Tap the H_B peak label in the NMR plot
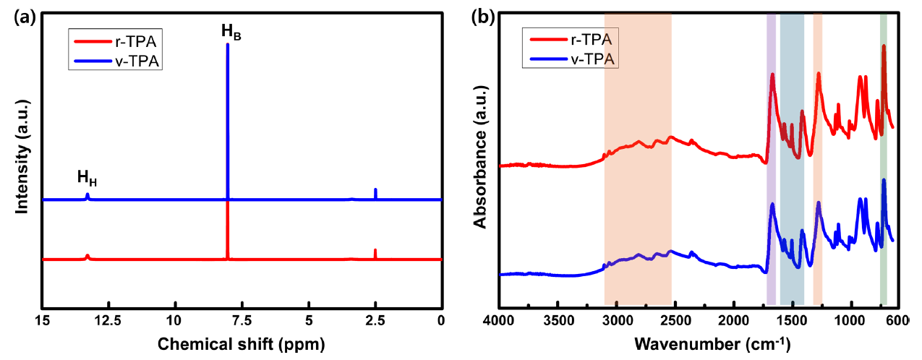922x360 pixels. click(231, 32)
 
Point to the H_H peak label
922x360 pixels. click(87, 178)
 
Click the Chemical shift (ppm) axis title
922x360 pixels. click(242, 342)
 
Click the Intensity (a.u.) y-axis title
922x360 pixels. click(22, 160)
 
